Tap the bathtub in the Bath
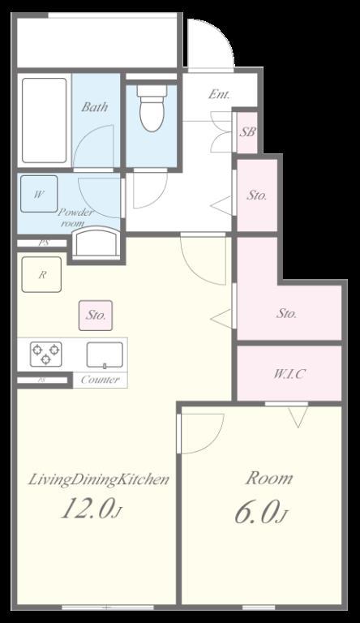pyautogui.click(x=44, y=120)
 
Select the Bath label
pyautogui.click(x=95, y=106)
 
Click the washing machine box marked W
pyautogui.click(x=39, y=194)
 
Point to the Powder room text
pyautogui.click(x=76, y=217)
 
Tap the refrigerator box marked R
pyautogui.click(x=41, y=274)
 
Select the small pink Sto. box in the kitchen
pyautogui.click(x=96, y=316)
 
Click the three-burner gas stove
pyautogui.click(x=45, y=354)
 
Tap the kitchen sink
pyautogui.click(x=105, y=354)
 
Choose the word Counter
pyautogui.click(x=100, y=380)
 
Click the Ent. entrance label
pyautogui.click(x=219, y=95)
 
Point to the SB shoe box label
pyautogui.click(x=246, y=132)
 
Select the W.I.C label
pyautogui.click(x=289, y=374)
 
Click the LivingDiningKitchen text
pyautogui.click(x=99, y=479)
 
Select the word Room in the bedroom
pyautogui.click(x=269, y=478)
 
